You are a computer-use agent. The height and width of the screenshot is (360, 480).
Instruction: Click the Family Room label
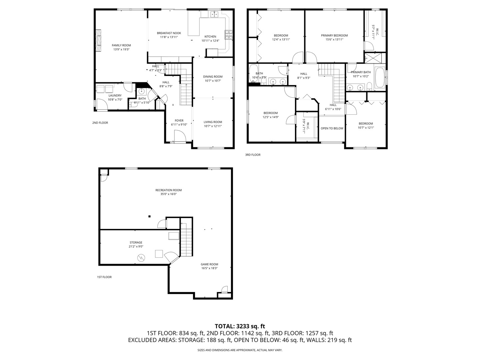[x=121, y=45]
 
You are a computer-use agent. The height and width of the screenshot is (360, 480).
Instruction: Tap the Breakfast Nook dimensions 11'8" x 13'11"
[x=169, y=37]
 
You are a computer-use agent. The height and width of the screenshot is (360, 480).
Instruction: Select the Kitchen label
[x=210, y=37]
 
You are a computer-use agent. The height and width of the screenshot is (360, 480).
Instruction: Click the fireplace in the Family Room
[x=98, y=40]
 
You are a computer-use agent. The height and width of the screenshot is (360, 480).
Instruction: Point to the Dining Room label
[x=213, y=77]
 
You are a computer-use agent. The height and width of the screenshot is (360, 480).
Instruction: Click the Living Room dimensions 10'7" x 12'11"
[x=213, y=126]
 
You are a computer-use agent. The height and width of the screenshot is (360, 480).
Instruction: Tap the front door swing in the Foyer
[x=180, y=136]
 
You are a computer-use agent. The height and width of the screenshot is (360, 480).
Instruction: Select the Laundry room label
[x=115, y=96]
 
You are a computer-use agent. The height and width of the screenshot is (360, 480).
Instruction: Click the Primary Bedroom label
[x=334, y=35]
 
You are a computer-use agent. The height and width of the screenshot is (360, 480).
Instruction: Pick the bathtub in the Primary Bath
[x=380, y=78]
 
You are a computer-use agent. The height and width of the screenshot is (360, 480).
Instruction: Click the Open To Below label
[x=332, y=128]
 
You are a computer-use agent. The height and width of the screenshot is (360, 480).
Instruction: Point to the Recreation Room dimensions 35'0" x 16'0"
[x=168, y=194]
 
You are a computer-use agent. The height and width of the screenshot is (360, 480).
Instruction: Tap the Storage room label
[x=136, y=242]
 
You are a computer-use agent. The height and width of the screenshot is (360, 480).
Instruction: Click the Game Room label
[x=209, y=264]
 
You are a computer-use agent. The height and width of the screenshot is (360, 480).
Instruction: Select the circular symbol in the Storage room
[x=141, y=257]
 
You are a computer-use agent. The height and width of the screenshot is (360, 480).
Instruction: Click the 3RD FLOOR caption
[x=253, y=155]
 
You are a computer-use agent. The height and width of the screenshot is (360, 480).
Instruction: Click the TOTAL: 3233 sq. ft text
[x=240, y=326]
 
